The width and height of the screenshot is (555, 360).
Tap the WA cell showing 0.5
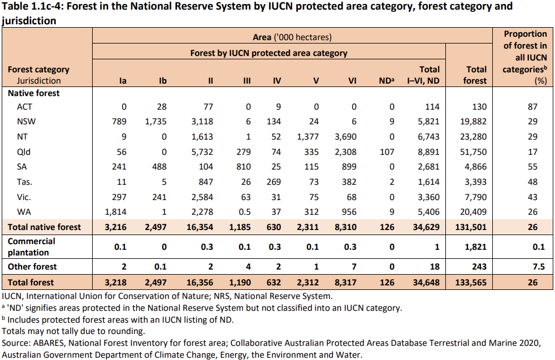click(x=246, y=211)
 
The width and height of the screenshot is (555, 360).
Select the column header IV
click(x=277, y=81)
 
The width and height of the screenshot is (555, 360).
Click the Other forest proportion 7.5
click(x=538, y=266)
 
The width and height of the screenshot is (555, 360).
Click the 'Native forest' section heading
click(x=33, y=93)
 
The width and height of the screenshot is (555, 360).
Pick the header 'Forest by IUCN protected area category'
click(x=268, y=53)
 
